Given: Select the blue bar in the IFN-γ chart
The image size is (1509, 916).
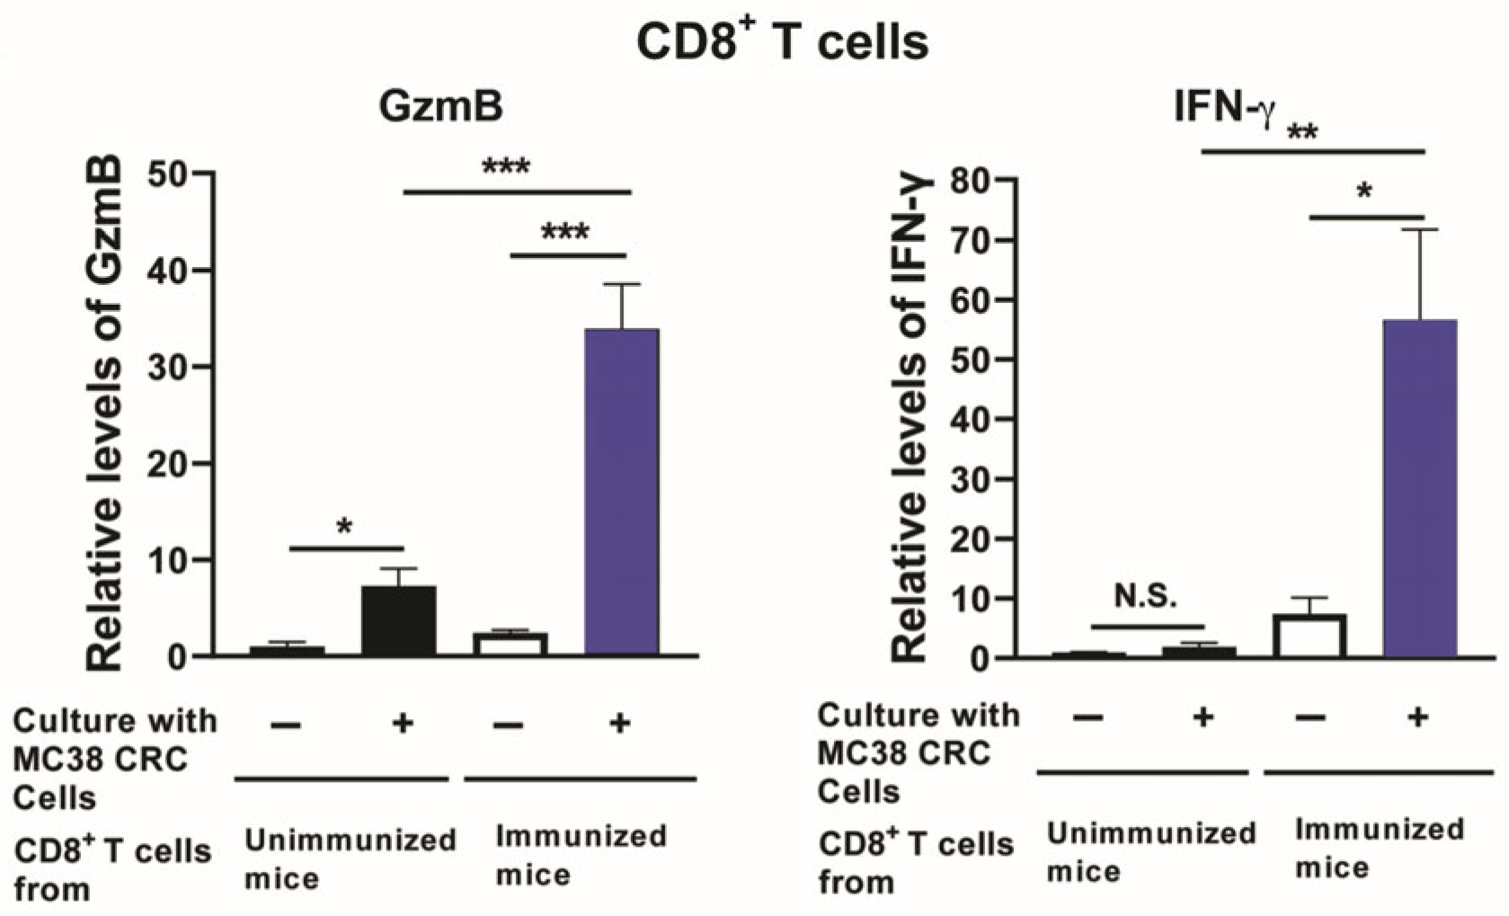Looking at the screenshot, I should tap(1419, 489).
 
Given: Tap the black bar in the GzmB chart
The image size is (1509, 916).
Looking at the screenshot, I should tap(399, 621).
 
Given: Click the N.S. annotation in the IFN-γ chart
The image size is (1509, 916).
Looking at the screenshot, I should tap(1145, 595).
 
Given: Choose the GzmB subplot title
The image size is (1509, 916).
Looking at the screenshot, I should tap(440, 107).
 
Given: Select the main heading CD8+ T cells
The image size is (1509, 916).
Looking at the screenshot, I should tap(782, 40).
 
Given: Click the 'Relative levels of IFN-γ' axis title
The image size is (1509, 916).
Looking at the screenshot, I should tap(910, 418).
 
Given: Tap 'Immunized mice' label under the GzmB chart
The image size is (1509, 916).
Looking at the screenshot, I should tap(580, 854).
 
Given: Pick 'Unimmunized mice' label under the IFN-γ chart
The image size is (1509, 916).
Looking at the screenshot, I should tap(1150, 851).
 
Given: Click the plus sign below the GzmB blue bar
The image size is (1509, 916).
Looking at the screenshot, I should tap(619, 722).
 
